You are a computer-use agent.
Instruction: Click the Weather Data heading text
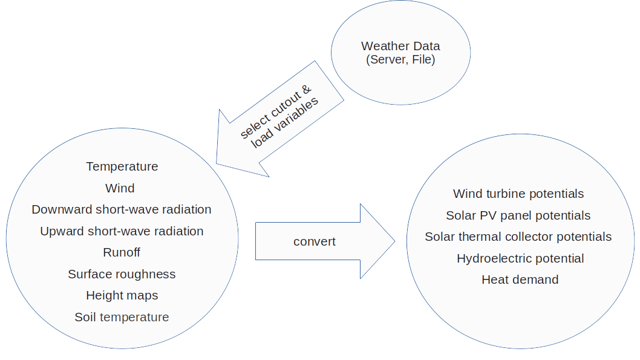coord(400,46)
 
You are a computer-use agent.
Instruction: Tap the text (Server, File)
coord(400,60)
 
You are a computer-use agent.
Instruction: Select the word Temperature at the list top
coord(122,166)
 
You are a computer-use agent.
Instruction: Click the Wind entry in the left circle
coord(120,188)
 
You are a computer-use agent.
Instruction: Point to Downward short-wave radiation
coord(122,209)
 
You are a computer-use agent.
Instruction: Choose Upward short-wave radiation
coord(122,231)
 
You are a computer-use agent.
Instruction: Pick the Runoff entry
coord(122,252)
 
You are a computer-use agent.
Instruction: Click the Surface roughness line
coord(122,274)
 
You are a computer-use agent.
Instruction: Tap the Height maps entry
coord(122,295)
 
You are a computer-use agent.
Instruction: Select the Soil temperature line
coord(122,317)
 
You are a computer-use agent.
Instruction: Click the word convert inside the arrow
coord(315,241)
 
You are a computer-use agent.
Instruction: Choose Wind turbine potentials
coord(518,194)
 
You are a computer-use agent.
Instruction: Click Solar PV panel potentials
coord(518,215)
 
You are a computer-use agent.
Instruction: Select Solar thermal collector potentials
coord(518,237)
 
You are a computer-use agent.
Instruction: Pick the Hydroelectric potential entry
coord(520,258)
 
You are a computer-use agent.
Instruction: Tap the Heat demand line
coord(520,280)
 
